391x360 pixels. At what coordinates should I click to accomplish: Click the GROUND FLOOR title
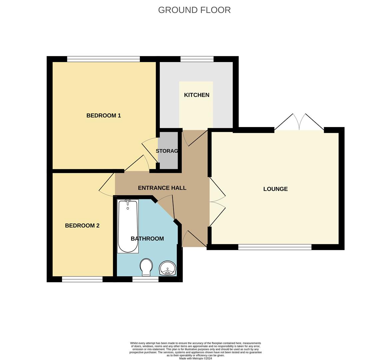pyautogui.click(x=194, y=10)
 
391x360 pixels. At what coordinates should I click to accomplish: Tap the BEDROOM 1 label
pyautogui.click(x=104, y=116)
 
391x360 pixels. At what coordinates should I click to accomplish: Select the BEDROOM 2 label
pyautogui.click(x=82, y=226)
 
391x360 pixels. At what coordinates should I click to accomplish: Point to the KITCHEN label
pyautogui.click(x=197, y=95)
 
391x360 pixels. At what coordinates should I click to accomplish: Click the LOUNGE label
pyautogui.click(x=275, y=189)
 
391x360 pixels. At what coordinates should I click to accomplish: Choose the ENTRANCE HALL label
pyautogui.click(x=162, y=188)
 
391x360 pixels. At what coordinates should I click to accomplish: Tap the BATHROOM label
pyautogui.click(x=147, y=239)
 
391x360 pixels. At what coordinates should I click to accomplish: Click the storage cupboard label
pyautogui.click(x=167, y=151)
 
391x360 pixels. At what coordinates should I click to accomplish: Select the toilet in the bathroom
pyautogui.click(x=146, y=267)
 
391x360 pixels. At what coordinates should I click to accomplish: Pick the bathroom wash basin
pyautogui.click(x=168, y=268)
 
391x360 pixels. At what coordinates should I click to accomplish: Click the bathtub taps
pyautogui.click(x=128, y=202)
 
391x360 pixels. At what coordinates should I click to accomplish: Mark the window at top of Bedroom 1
pyautogui.click(x=103, y=59)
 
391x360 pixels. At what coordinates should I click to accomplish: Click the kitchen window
pyautogui.click(x=197, y=59)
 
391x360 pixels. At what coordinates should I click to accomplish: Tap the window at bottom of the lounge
pyautogui.click(x=275, y=247)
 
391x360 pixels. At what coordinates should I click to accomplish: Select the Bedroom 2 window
pyautogui.click(x=82, y=279)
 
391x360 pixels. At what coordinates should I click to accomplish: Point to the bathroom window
pyautogui.click(x=145, y=279)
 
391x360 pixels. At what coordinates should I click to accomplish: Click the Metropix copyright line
pyautogui.click(x=195, y=358)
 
